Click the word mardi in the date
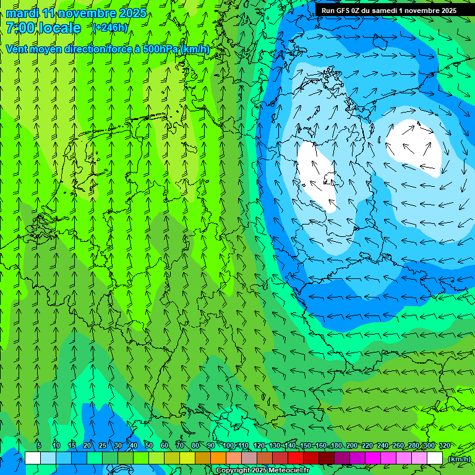tap(22, 14)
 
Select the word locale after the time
tap(59, 28)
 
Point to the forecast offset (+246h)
tap(109, 28)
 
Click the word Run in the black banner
tap(328, 11)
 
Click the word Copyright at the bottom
tap(233, 471)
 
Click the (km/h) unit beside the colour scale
tap(458, 459)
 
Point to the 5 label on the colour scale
tap(39, 446)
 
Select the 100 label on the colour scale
tap(228, 446)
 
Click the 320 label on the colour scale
tap(444, 446)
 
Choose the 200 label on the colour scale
tap(352, 446)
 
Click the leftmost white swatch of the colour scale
tap(33, 458)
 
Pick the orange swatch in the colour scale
tap(218, 458)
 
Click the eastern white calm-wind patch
tap(413, 148)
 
